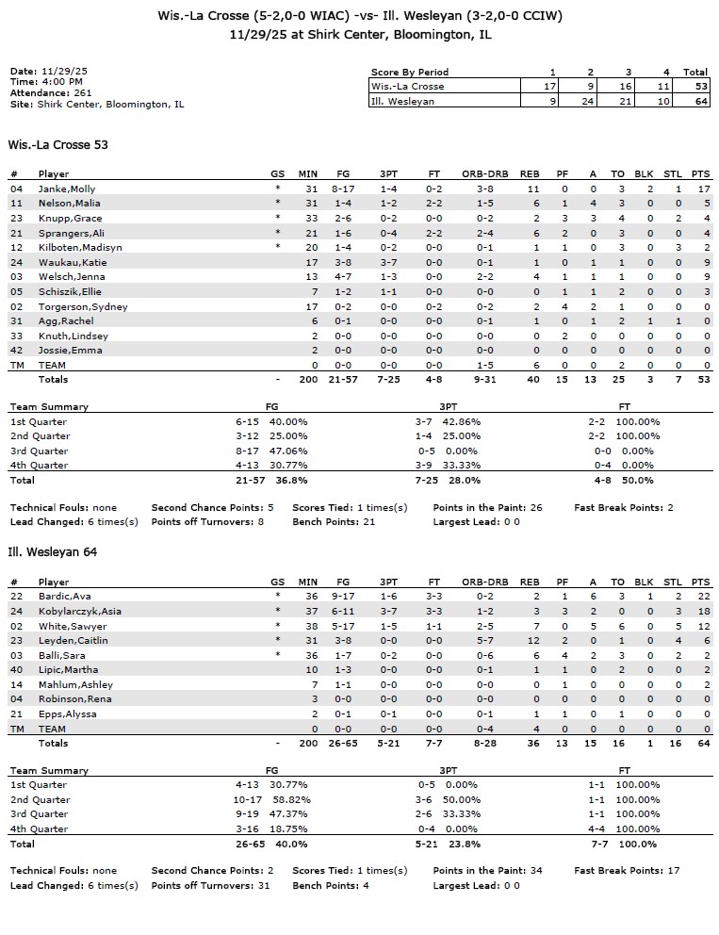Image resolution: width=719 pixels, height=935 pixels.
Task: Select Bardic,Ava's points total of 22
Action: (697, 597)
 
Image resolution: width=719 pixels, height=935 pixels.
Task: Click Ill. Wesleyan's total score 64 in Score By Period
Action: (696, 101)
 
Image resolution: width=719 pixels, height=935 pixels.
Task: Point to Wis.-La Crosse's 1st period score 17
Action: (551, 86)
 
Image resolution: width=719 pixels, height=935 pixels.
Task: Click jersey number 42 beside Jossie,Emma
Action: (16, 351)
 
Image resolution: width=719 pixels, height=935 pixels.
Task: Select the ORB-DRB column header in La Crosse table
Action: (485, 174)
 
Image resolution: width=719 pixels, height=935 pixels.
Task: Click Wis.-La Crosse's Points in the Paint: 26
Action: (487, 508)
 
